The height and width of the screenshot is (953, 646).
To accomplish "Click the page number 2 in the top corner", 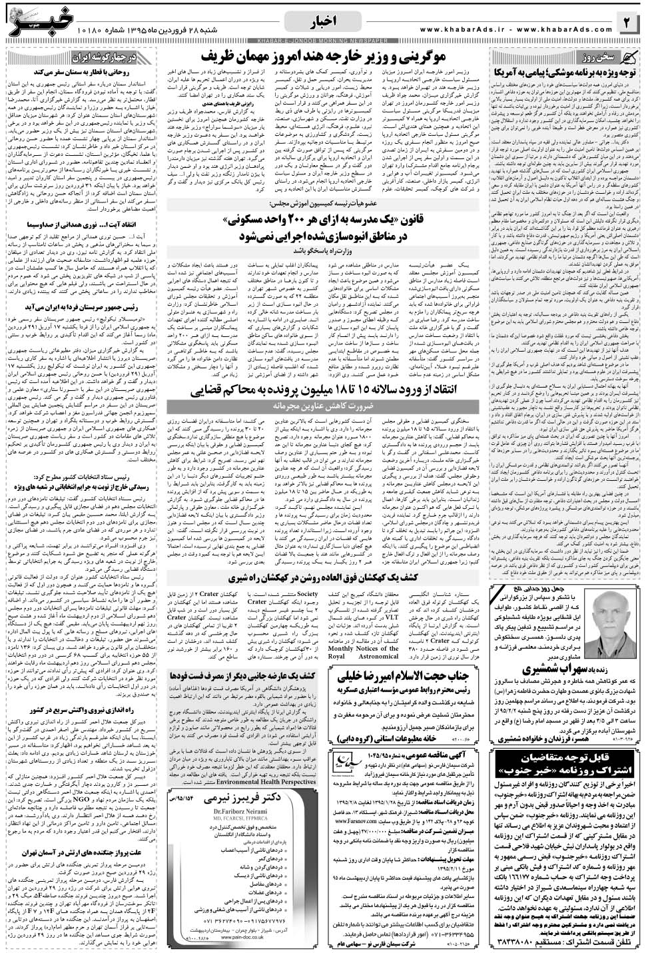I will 628,24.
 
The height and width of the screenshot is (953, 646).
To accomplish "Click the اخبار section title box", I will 323,25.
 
